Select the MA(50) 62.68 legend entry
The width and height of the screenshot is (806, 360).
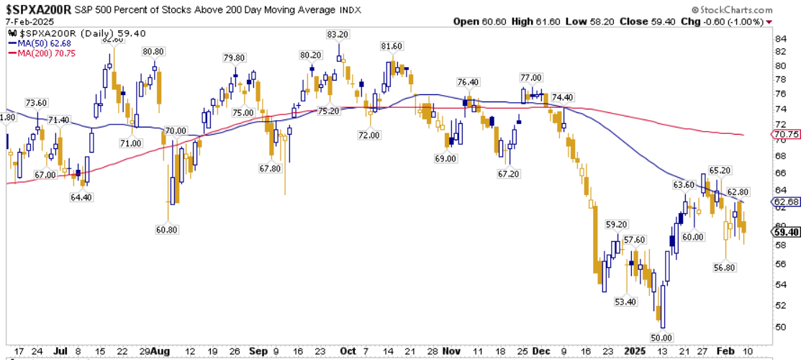pos(49,43)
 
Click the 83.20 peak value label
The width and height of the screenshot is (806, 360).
pos(338,35)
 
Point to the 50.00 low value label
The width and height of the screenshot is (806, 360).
pos(661,337)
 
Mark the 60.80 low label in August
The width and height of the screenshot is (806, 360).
pos(166,230)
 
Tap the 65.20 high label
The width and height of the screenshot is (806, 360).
pos(720,171)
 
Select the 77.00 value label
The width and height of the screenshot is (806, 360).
pos(530,77)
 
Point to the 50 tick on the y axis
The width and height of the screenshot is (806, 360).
pos(779,327)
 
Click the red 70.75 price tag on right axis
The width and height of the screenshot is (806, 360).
pos(784,135)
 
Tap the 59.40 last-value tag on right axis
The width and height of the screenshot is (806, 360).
pos(784,232)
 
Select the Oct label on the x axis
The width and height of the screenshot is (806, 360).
pos(348,351)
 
